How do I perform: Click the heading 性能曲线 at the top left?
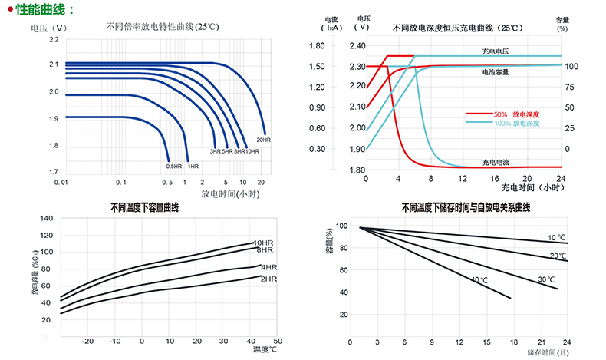[45, 10]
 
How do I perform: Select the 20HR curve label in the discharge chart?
[263, 140]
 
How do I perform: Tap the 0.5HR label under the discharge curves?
[173, 166]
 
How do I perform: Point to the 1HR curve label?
[193, 166]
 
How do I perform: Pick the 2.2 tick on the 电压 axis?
[54, 38]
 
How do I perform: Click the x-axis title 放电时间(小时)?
[231, 194]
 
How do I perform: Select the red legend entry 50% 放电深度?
[517, 114]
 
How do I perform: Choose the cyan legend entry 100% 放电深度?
[519, 123]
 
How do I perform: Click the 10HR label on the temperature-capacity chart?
[265, 243]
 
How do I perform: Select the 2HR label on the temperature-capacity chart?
[268, 279]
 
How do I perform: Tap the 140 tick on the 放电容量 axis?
[45, 219]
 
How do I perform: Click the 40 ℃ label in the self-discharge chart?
[479, 280]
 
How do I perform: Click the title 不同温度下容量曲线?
[144, 207]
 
